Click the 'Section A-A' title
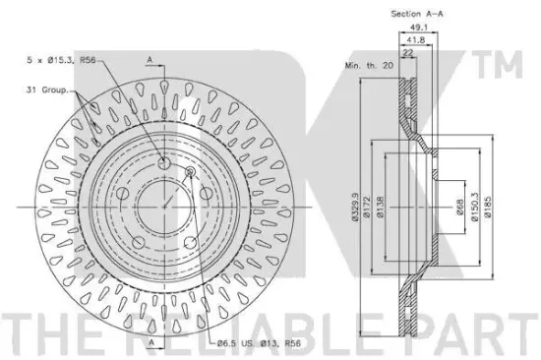pos(417,14)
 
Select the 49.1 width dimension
pos(418,27)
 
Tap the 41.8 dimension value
pos(415,40)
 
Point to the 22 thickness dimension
pos(408,53)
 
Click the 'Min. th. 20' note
pos(369,65)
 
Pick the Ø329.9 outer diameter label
pos(355,207)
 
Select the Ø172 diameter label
pos(367,207)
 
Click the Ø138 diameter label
pos(381,207)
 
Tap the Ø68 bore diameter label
pos(459,207)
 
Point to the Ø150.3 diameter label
pos(475,207)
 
